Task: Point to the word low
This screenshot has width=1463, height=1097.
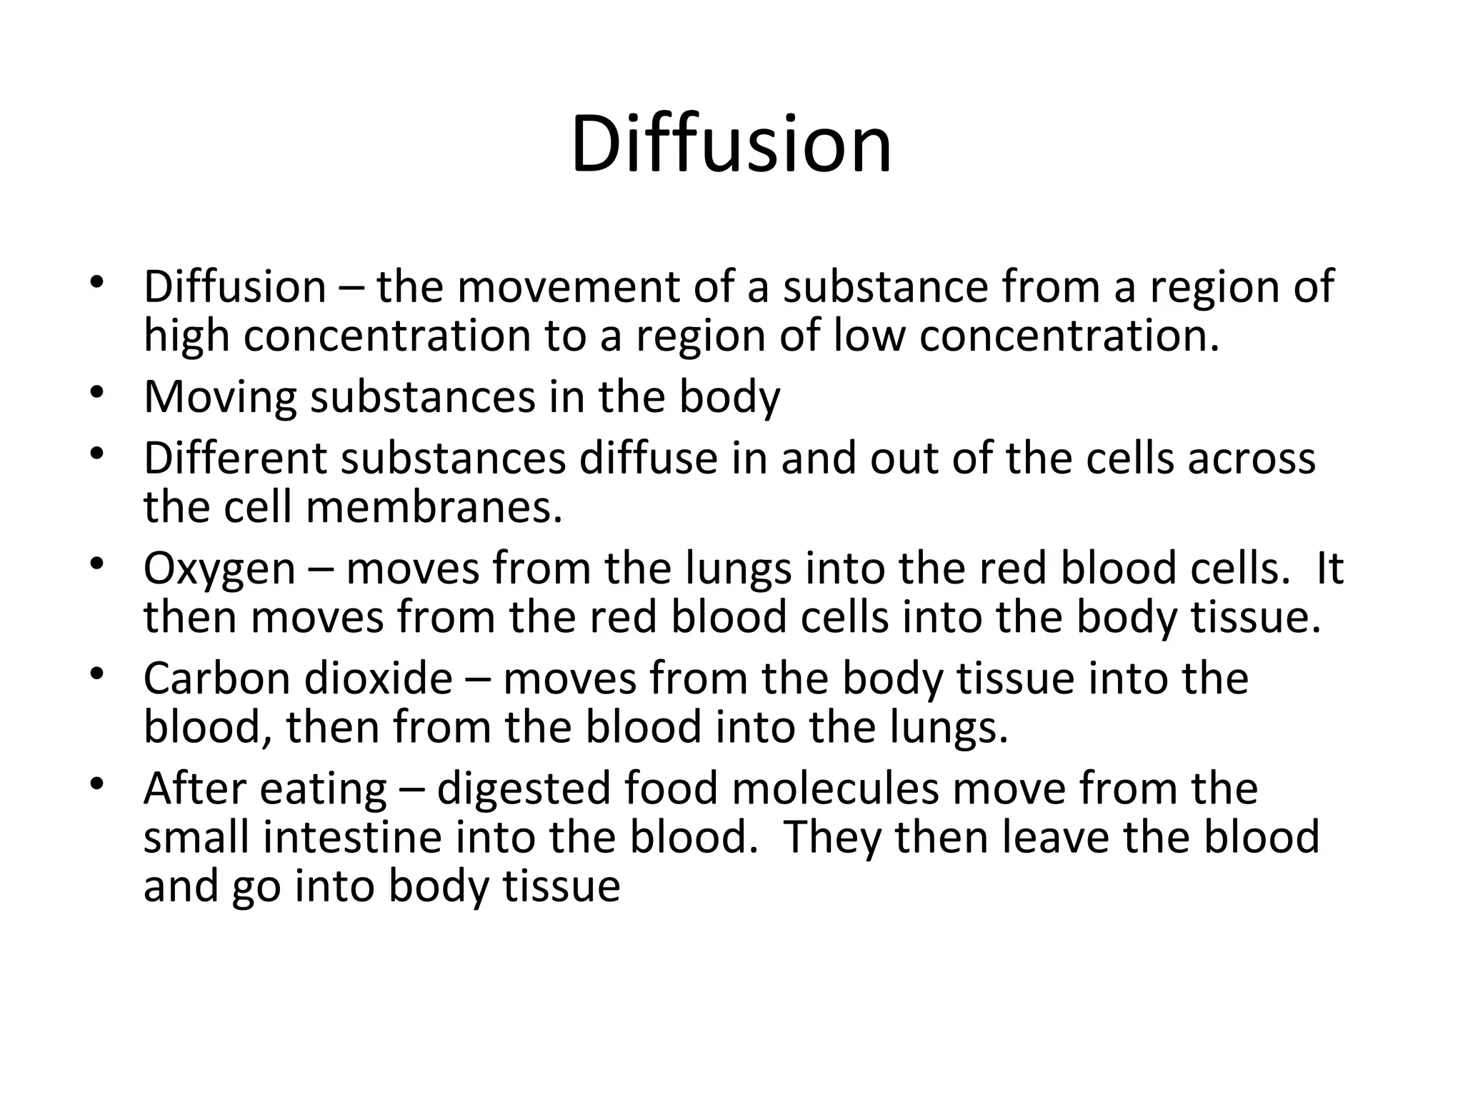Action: (869, 336)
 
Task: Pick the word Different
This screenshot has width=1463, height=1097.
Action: (235, 458)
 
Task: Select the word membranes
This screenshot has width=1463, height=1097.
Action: (434, 507)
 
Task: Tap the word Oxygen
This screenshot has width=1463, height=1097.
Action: (219, 569)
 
